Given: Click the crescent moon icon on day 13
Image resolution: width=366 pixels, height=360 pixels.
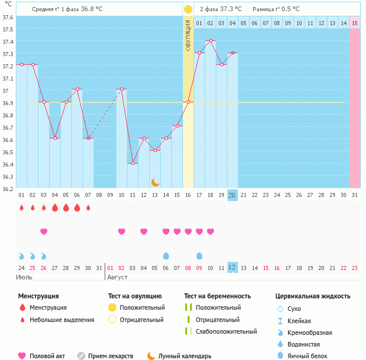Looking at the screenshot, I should pyautogui.click(x=155, y=182).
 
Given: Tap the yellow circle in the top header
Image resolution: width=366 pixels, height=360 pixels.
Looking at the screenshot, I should pyautogui.click(x=188, y=9).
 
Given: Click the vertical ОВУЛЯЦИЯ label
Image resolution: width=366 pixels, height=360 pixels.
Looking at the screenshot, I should pyautogui.click(x=188, y=36).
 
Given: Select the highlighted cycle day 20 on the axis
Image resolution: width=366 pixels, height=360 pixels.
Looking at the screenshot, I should pyautogui.click(x=232, y=195).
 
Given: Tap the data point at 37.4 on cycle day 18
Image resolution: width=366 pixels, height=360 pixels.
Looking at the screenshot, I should pyautogui.click(x=210, y=41).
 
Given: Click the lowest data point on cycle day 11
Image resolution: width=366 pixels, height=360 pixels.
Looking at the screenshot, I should pyautogui.click(x=133, y=164).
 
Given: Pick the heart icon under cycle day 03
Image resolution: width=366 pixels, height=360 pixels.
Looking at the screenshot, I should pyautogui.click(x=43, y=231).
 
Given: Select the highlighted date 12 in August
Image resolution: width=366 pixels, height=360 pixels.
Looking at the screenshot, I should pyautogui.click(x=232, y=268).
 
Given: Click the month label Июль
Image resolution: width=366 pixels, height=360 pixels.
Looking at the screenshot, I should pyautogui.click(x=25, y=277).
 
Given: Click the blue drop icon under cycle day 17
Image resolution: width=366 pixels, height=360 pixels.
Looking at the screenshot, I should pyautogui.click(x=199, y=256).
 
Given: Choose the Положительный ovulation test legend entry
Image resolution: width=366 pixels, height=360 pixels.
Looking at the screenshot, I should pyautogui.click(x=142, y=307).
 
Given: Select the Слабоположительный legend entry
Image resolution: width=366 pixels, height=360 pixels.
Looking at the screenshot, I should pyautogui.click(x=226, y=331).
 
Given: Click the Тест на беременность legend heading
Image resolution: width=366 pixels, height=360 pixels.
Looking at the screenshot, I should pyautogui.click(x=217, y=296).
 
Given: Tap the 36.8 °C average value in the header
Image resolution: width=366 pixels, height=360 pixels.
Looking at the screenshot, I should pyautogui.click(x=91, y=9).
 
